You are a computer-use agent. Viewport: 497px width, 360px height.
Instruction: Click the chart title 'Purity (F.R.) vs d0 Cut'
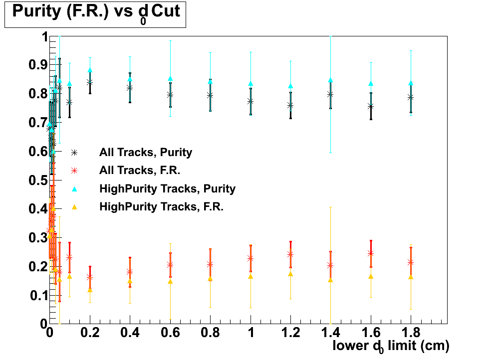coord(95,13)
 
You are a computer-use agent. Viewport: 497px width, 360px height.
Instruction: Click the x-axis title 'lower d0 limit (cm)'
coord(391,346)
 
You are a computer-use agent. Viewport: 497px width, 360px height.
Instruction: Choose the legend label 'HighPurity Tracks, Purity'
coord(167,188)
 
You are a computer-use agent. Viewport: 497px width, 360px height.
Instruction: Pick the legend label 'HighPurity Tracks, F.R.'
coord(161,206)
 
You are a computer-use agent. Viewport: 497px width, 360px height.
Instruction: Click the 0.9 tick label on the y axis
coord(37,65)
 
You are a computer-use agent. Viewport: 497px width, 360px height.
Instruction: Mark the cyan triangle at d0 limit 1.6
coord(371,83)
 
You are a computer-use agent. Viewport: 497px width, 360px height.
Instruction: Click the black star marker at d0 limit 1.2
coord(290,105)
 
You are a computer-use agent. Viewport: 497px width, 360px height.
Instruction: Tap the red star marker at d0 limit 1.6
coord(371,253)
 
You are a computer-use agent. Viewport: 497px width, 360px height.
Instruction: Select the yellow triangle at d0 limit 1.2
coord(290,274)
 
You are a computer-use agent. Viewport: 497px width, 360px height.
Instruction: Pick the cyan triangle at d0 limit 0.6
coord(170,78)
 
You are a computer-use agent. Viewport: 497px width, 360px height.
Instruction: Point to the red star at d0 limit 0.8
coord(210,264)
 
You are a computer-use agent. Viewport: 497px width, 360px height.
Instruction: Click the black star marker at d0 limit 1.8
coord(411,97)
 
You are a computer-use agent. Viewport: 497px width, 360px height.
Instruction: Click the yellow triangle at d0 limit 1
coord(250,276)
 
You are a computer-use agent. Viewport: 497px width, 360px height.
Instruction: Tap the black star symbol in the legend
coord(74,152)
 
